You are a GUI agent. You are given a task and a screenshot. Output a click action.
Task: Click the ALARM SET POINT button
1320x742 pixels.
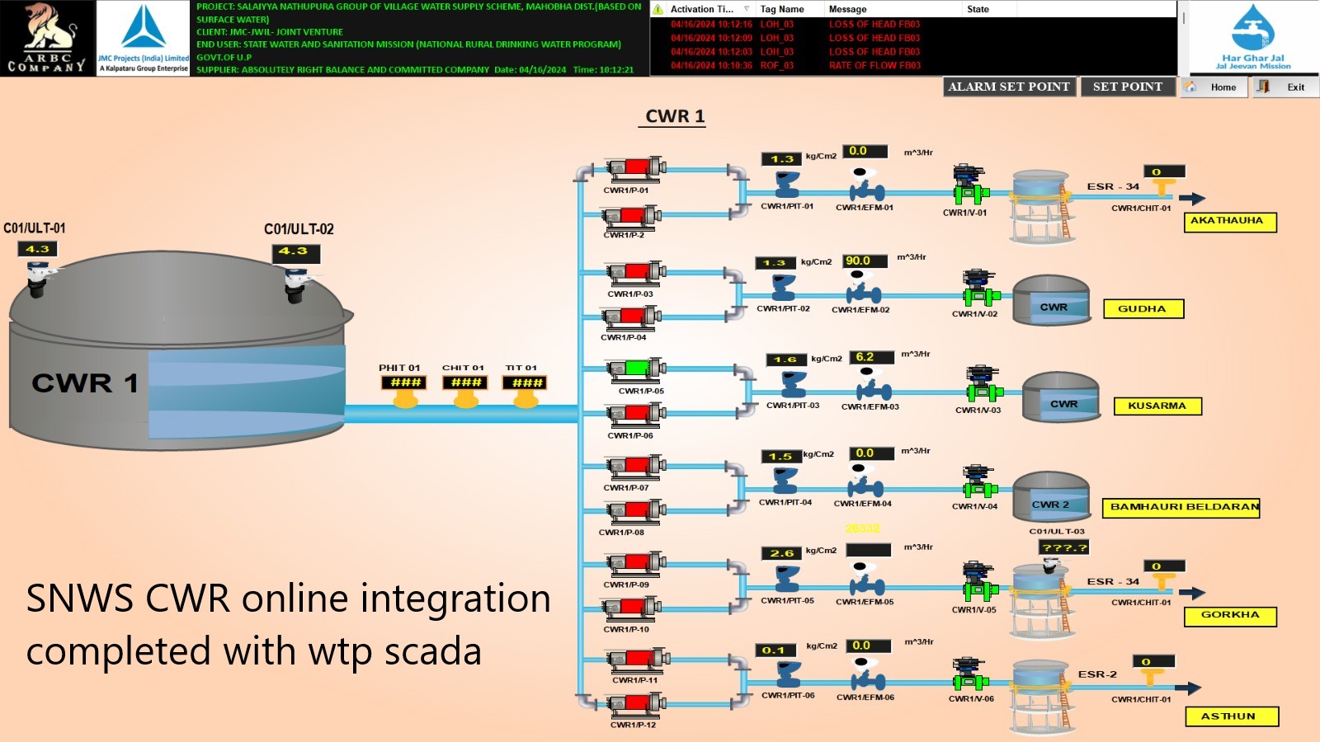click(x=1008, y=87)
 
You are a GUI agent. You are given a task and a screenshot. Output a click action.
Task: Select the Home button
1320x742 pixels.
click(x=1214, y=87)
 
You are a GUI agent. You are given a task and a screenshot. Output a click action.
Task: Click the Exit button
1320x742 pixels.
click(x=1285, y=87)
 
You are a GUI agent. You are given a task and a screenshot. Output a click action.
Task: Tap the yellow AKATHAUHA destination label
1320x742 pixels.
click(x=1230, y=222)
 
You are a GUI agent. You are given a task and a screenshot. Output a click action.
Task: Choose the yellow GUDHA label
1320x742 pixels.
click(x=1143, y=309)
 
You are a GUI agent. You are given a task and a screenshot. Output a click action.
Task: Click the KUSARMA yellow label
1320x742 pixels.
click(x=1157, y=406)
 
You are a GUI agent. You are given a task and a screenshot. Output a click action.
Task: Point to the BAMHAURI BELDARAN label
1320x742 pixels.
click(x=1181, y=507)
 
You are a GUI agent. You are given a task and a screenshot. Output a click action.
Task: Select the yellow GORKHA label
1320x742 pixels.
click(x=1230, y=616)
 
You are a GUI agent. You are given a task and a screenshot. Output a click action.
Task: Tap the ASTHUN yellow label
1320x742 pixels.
click(x=1231, y=716)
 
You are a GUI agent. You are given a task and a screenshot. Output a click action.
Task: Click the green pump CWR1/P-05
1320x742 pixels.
click(x=636, y=369)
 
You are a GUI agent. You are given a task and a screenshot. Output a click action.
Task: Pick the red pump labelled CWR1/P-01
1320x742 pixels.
click(x=636, y=169)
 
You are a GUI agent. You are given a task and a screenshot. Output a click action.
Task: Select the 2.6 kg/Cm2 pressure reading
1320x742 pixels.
click(x=781, y=553)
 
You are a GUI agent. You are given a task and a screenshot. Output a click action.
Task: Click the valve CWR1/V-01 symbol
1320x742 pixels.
click(x=969, y=185)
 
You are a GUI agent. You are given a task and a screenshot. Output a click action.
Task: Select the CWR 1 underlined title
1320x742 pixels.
click(x=674, y=116)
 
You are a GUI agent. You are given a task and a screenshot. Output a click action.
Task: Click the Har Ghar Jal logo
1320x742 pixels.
click(x=1252, y=38)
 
